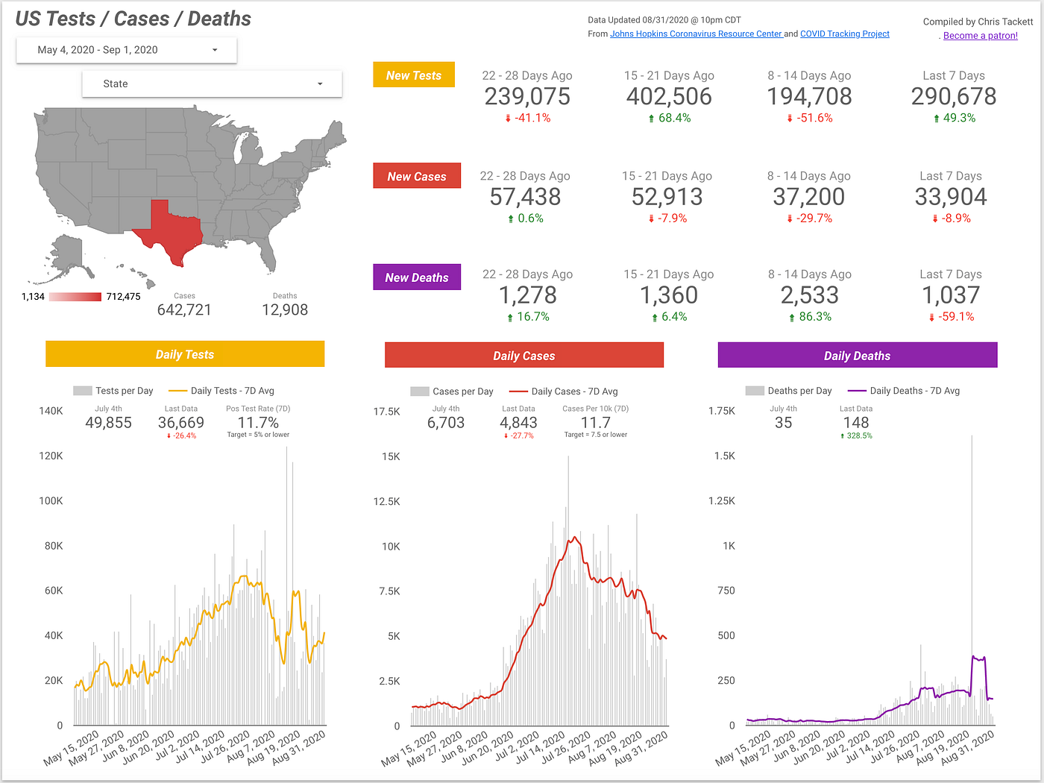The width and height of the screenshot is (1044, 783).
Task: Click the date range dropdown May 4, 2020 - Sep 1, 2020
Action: (126, 50)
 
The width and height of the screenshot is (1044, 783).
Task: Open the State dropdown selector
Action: (212, 84)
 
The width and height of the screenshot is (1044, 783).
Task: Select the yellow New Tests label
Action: (414, 75)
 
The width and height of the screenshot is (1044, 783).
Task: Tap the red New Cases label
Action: (417, 176)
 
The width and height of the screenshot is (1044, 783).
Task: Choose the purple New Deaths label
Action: (417, 277)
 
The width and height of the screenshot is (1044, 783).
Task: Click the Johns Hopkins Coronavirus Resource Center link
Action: (696, 34)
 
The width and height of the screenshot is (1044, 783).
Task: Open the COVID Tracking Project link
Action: (844, 34)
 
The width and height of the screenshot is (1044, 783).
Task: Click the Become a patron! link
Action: (980, 36)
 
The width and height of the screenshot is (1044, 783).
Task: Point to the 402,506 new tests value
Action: (669, 96)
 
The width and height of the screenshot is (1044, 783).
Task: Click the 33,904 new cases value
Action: (951, 197)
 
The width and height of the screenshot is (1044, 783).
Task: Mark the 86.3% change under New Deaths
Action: (814, 317)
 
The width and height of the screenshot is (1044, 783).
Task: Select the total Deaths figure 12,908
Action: (285, 309)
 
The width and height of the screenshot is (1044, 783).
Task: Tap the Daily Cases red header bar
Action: (523, 356)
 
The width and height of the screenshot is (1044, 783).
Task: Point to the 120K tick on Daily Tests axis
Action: (51, 456)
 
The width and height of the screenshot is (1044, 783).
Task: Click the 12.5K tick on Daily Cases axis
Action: (387, 501)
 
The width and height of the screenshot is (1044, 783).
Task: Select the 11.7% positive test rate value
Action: (258, 423)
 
